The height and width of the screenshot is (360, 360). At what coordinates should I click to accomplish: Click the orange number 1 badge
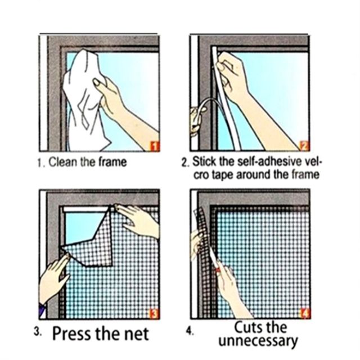click(155, 146)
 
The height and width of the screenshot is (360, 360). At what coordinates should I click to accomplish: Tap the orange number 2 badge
click(305, 146)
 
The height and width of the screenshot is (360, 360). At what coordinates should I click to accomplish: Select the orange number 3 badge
click(154, 314)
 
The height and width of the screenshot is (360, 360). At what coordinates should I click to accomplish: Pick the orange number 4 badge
click(305, 313)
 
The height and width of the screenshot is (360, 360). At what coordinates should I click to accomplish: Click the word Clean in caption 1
click(62, 162)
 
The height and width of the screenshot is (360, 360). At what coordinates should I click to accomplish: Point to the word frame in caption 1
click(112, 162)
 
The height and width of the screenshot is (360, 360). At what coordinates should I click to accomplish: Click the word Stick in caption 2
click(204, 161)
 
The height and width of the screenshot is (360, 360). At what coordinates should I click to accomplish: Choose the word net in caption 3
click(137, 334)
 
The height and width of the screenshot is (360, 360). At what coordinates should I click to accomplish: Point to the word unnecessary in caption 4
click(258, 341)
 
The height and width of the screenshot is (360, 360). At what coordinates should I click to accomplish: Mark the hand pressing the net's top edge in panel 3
click(138, 220)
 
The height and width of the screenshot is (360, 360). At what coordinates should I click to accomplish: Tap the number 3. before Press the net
click(38, 332)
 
